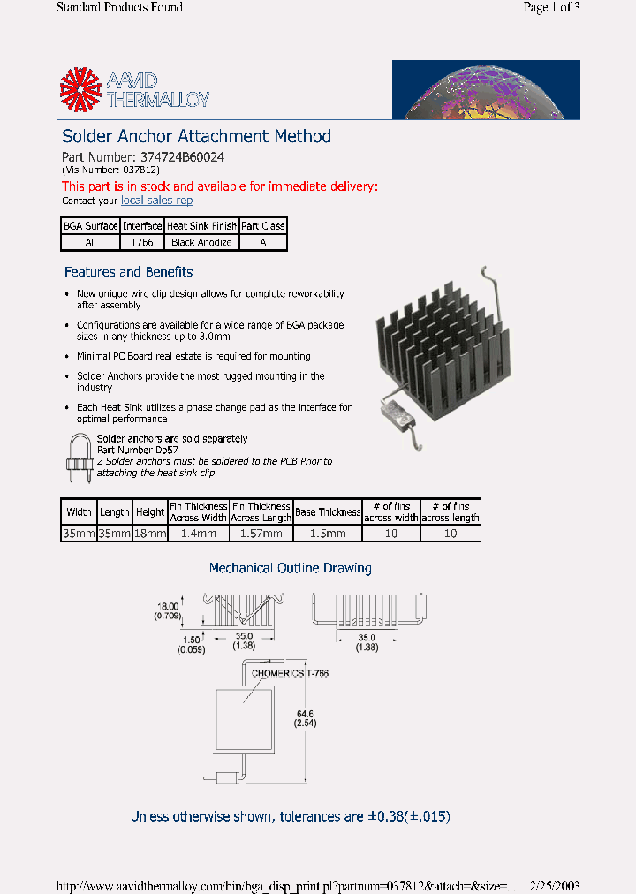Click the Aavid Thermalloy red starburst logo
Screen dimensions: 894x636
tap(81, 90)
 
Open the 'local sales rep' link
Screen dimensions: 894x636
tap(156, 201)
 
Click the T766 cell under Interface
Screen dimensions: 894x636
tap(142, 242)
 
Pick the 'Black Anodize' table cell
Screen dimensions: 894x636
tap(201, 242)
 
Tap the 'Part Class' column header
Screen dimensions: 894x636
tap(263, 226)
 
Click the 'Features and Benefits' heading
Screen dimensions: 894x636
tap(128, 272)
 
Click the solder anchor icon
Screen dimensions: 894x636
tap(79, 458)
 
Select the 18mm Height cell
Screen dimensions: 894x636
tap(150, 534)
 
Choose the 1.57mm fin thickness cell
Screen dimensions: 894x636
tap(261, 534)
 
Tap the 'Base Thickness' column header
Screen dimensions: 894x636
tap(328, 511)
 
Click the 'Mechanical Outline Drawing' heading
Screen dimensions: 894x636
tap(290, 568)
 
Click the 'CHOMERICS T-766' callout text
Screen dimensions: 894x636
tap(290, 674)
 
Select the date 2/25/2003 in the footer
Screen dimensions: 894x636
tap(554, 885)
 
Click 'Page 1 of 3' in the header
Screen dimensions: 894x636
tap(551, 8)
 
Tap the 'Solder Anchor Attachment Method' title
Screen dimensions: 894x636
tap(196, 136)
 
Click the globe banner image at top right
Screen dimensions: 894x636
tap(486, 89)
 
